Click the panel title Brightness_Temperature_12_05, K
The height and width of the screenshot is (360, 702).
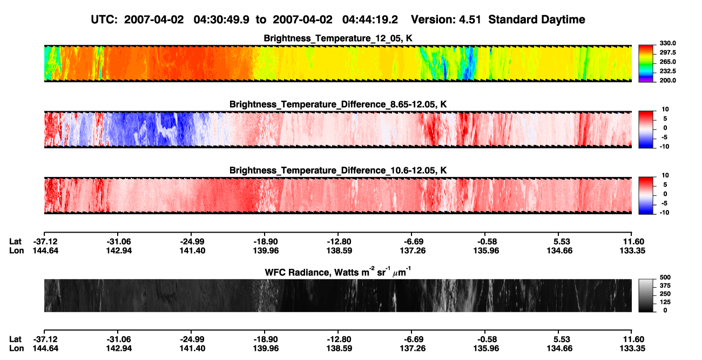tap(338, 38)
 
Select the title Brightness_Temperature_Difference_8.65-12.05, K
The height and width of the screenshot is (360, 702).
tap(338, 104)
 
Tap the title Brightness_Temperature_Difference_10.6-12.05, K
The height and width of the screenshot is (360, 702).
tap(338, 171)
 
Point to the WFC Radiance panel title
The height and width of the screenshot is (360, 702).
tap(338, 272)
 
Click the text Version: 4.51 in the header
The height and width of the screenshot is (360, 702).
tap(446, 20)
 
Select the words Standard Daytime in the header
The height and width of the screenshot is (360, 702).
tap(537, 20)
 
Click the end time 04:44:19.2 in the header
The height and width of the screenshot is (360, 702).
tap(370, 20)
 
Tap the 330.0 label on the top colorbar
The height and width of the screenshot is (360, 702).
tap(667, 43)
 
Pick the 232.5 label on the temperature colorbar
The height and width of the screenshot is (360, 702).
tap(667, 71)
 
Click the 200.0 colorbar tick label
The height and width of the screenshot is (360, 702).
tap(667, 80)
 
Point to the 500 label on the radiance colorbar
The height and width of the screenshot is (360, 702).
tap(665, 277)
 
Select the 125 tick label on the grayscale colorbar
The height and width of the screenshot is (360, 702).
tap(665, 302)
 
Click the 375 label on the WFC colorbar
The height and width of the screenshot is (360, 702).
tap(665, 286)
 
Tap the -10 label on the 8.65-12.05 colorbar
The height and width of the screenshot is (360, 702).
tap(664, 147)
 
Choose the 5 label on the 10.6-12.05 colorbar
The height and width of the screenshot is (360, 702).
tap(665, 185)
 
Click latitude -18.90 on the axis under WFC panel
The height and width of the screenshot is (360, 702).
tap(266, 339)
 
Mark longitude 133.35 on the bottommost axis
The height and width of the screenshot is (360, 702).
tap(632, 349)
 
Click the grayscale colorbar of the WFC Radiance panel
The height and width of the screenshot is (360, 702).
tap(646, 295)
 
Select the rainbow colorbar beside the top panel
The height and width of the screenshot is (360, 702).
tap(646, 64)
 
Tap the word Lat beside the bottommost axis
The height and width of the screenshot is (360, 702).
tap(15, 339)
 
